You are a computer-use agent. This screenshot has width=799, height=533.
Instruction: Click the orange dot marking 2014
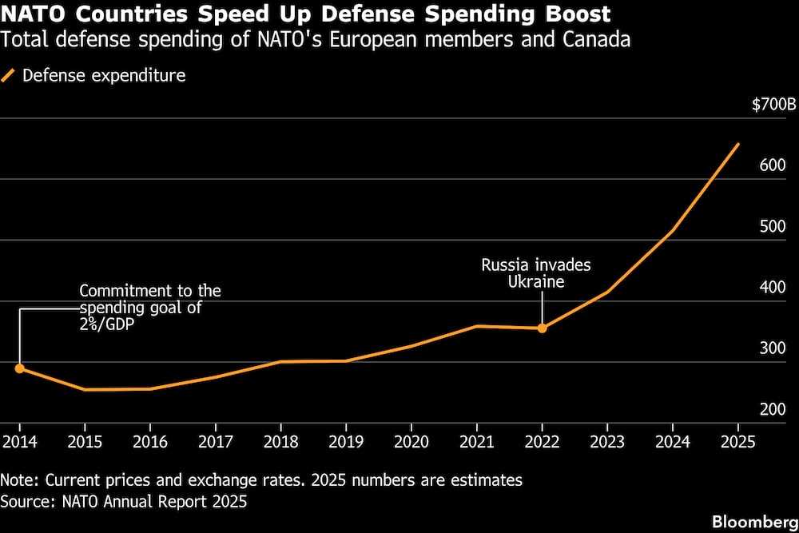coord(19,368)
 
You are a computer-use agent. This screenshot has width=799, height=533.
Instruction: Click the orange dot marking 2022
coord(542,328)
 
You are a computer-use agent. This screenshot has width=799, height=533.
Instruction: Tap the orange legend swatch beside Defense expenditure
coord(9,76)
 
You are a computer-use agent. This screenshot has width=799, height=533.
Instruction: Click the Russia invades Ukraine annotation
coord(535,273)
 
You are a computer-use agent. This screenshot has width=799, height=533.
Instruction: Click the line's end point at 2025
coord(738,144)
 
